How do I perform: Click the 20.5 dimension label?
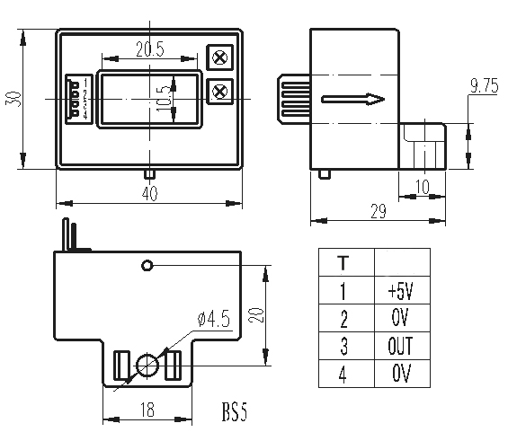coord(150,50)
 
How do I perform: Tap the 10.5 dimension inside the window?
coord(162,96)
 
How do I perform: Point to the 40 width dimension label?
coord(149,194)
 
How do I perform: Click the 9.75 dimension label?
coord(484,86)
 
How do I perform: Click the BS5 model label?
coord(234,414)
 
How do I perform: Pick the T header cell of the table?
coord(343,263)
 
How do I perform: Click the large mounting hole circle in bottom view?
coord(147,365)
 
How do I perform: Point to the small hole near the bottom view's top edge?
coord(148,266)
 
